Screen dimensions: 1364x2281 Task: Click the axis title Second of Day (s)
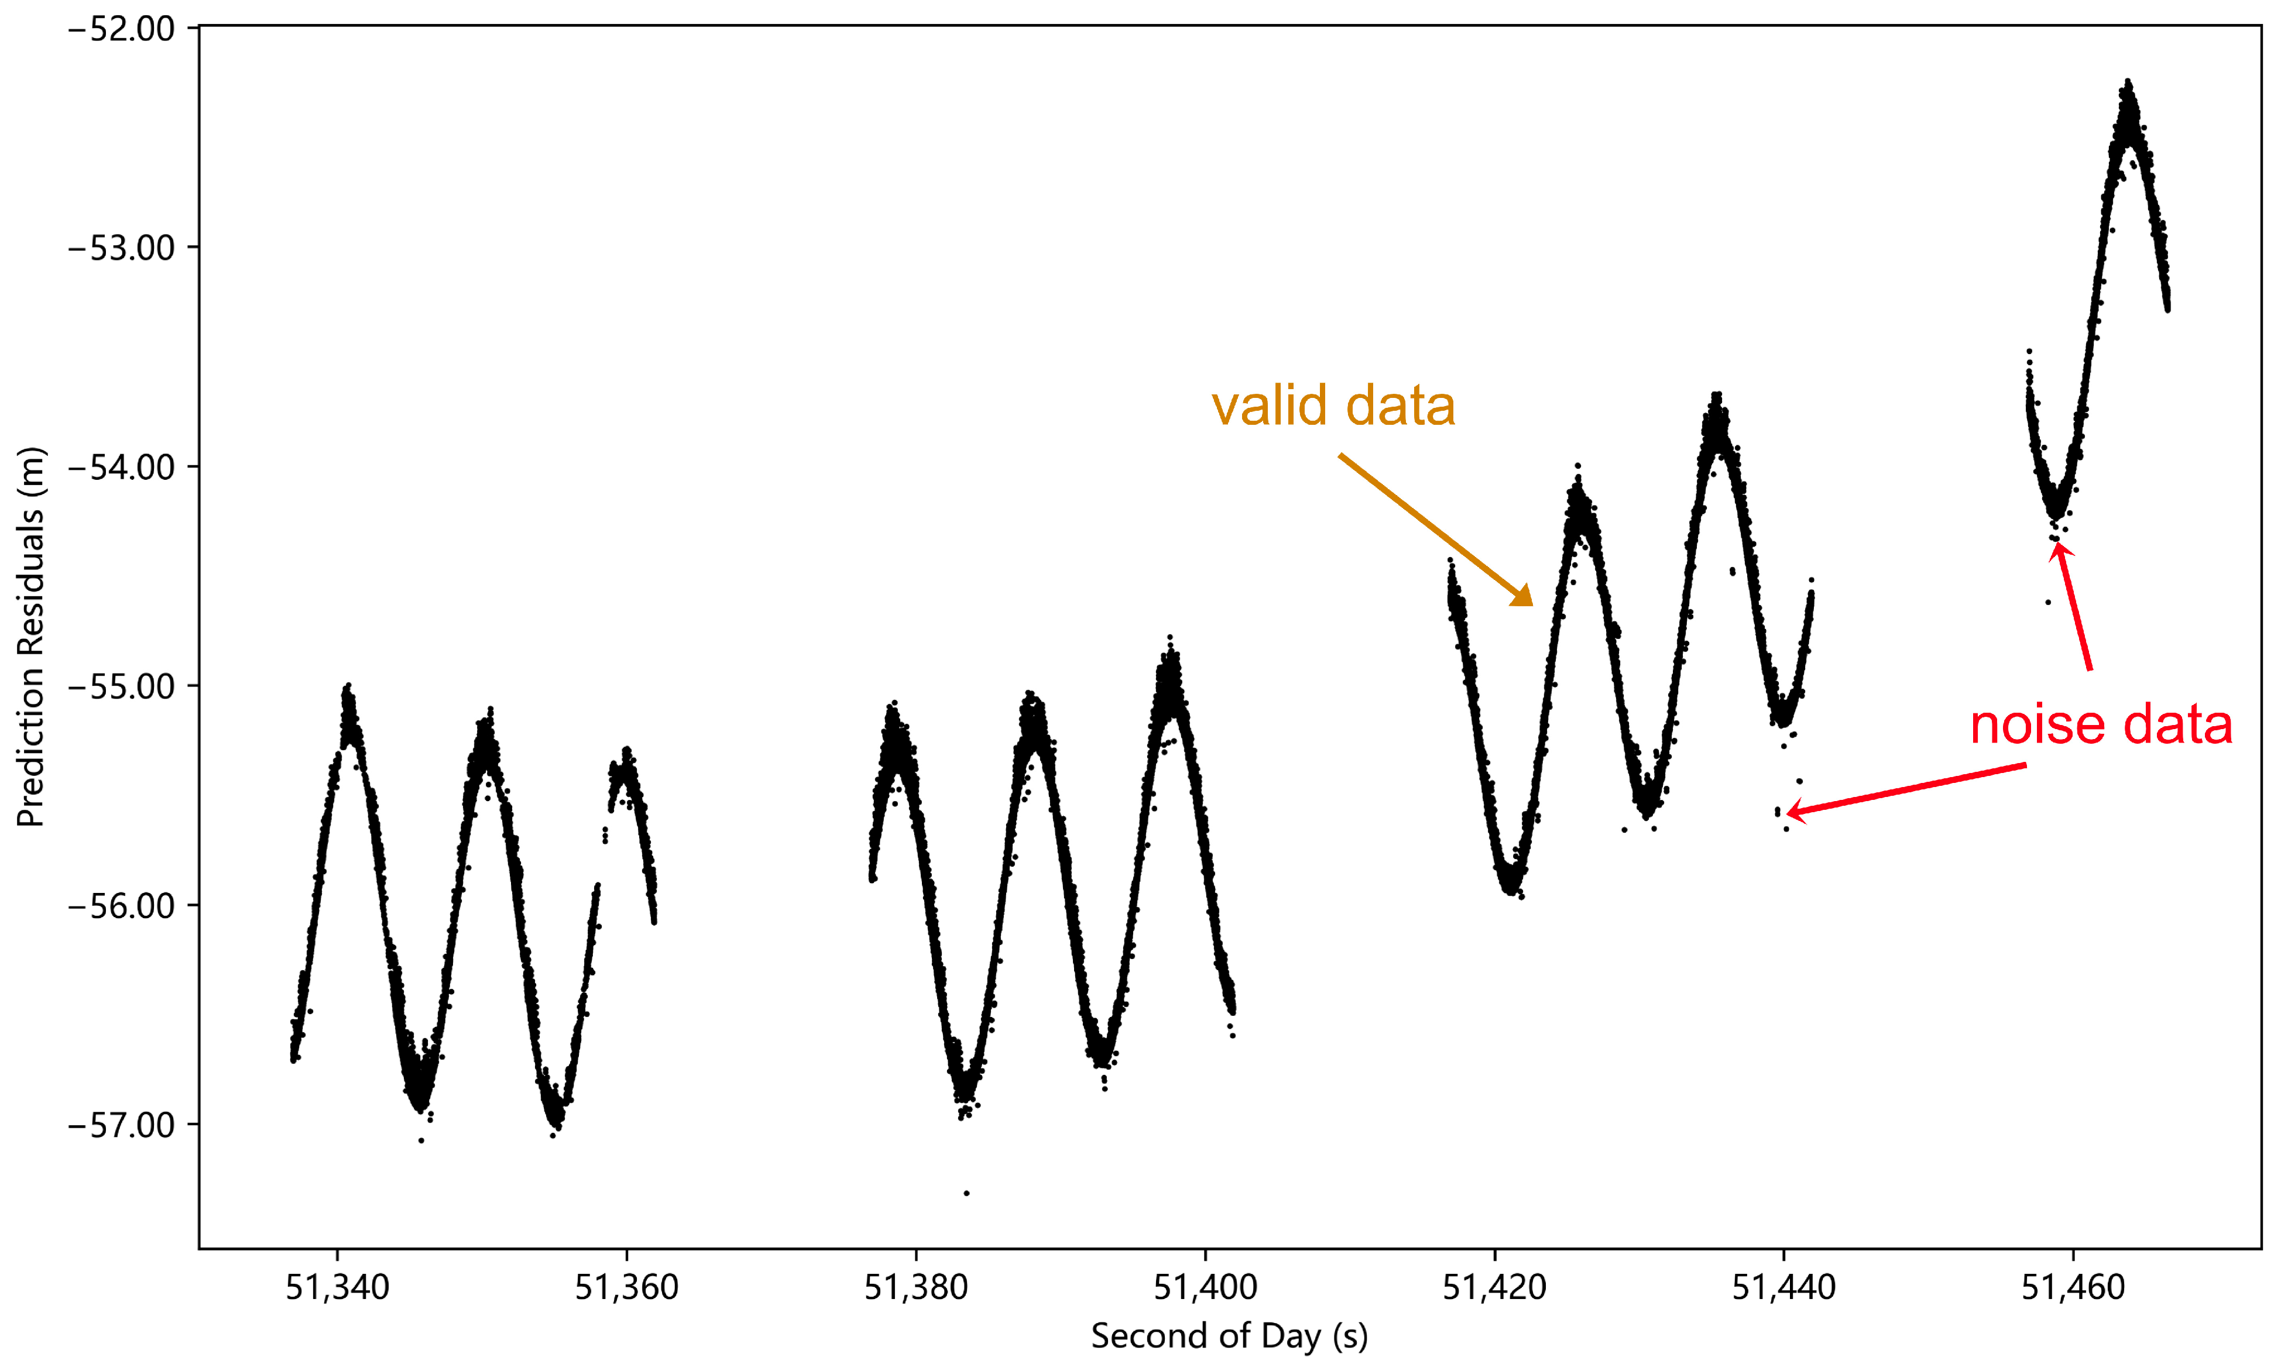1229,1335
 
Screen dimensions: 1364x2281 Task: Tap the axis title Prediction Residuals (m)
30,637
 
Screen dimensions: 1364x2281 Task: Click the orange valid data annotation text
1333,406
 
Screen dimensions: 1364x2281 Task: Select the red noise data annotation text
2101,724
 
